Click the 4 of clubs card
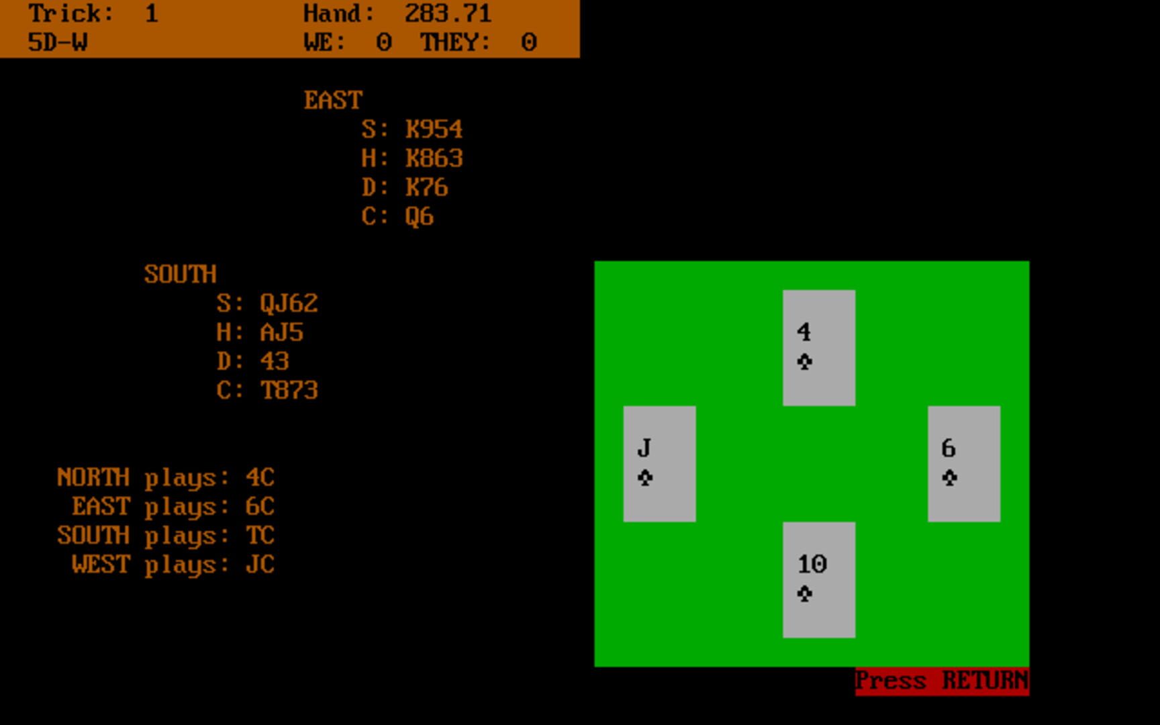coord(818,347)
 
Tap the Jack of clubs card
coord(659,463)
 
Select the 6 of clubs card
coord(963,463)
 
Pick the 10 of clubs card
coord(818,579)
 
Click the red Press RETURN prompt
coord(941,681)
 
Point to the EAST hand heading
coord(333,101)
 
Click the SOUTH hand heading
coord(180,275)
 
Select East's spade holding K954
coord(434,130)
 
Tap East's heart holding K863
coord(434,158)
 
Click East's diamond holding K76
coord(426,187)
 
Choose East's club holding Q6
coord(419,217)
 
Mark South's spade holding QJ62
coord(289,303)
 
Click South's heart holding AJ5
coord(281,332)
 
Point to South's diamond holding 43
coord(274,361)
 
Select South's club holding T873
coord(289,391)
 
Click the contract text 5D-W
coord(58,43)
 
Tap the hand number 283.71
coord(448,13)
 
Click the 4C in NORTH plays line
coord(260,477)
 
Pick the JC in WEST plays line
coord(260,565)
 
